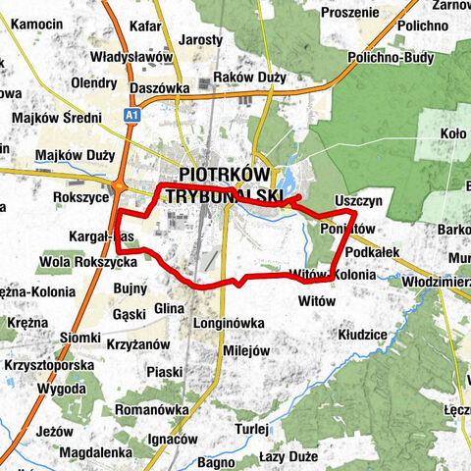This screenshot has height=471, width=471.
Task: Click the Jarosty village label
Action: (x=201, y=40)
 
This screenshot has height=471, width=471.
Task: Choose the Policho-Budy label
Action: (x=391, y=58)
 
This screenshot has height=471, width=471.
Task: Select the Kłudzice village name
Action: (x=366, y=335)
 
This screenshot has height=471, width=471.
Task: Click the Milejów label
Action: (x=246, y=350)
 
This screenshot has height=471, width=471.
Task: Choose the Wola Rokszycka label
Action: (x=87, y=262)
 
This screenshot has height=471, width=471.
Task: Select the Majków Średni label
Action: (x=56, y=119)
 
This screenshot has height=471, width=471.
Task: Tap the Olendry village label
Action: (x=94, y=83)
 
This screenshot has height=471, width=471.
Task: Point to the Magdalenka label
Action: (x=95, y=452)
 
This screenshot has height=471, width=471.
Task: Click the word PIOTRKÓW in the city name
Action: (x=225, y=174)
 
